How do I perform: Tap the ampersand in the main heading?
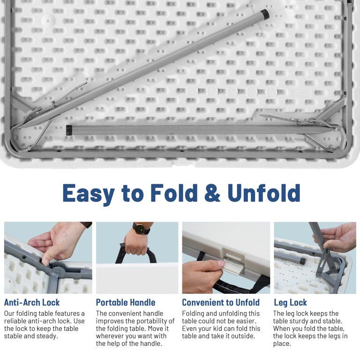[212, 193]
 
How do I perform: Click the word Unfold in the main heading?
[264, 193]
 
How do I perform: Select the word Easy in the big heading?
[89, 194]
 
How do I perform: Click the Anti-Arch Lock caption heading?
[32, 302]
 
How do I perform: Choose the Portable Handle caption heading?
[126, 302]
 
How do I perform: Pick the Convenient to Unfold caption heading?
[221, 302]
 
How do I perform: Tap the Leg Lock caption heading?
[291, 303]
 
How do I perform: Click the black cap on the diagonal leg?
[265, 14]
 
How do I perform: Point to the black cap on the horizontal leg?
[69, 130]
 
